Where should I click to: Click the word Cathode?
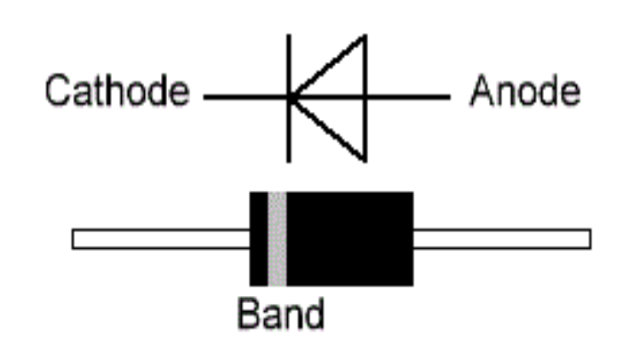click(x=117, y=92)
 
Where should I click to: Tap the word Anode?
click(x=525, y=92)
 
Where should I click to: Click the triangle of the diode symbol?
click(x=338, y=98)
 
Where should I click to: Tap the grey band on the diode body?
click(x=277, y=238)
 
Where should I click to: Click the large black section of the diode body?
click(x=350, y=238)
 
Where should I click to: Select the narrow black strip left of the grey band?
click(x=259, y=238)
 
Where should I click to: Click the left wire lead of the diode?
click(x=160, y=239)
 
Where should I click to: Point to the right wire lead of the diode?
click(x=502, y=239)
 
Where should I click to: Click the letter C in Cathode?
click(x=59, y=92)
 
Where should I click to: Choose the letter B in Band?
click(x=249, y=313)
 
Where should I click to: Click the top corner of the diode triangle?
click(x=364, y=37)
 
